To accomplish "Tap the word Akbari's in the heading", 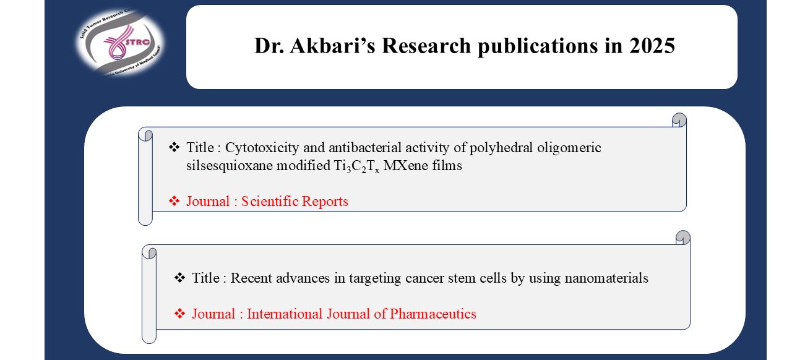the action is (332, 46).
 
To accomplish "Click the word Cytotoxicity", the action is (262, 148).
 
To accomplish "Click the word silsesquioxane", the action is (229, 166).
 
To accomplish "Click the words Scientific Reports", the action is (295, 201).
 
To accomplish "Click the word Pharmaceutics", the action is (433, 314).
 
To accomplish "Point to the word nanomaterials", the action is (606, 278).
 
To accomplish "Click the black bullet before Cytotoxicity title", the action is (174, 147).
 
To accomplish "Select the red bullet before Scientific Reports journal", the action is (174, 201).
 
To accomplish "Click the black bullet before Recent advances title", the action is (179, 278).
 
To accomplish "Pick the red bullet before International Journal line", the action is (179, 314).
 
